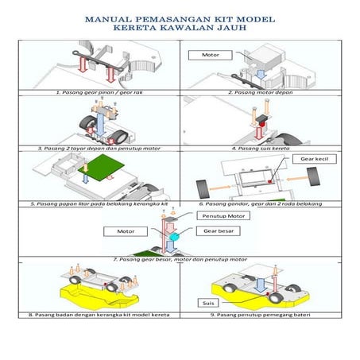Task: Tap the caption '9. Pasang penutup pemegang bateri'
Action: pos(260,315)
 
